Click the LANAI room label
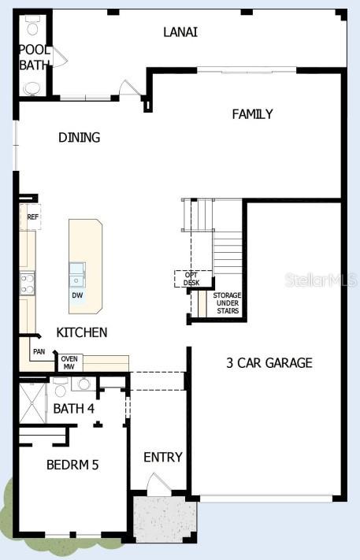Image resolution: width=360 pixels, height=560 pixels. click(180, 32)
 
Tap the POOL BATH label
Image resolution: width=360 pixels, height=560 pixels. click(34, 57)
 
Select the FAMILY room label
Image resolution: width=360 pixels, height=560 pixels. click(252, 114)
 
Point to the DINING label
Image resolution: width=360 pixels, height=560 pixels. click(80, 138)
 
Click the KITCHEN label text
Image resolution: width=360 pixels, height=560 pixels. click(82, 332)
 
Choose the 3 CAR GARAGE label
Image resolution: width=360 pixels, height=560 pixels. click(269, 363)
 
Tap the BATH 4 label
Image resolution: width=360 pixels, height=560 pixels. click(73, 408)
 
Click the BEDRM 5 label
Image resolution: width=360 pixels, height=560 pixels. click(72, 465)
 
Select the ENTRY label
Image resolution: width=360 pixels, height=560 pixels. click(163, 457)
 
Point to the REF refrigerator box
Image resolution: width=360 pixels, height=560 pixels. click(32, 217)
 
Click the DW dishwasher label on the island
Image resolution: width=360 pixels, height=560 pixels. click(77, 295)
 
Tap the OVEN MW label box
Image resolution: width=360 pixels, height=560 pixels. click(69, 362)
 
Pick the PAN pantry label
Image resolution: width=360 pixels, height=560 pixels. click(39, 352)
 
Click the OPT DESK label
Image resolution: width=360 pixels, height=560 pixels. click(191, 278)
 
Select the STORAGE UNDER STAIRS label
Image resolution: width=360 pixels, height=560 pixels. click(227, 303)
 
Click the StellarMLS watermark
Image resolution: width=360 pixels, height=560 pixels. click(320, 280)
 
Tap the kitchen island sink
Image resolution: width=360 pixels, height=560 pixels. click(77, 273)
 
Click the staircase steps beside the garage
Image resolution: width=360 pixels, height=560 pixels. click(227, 252)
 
